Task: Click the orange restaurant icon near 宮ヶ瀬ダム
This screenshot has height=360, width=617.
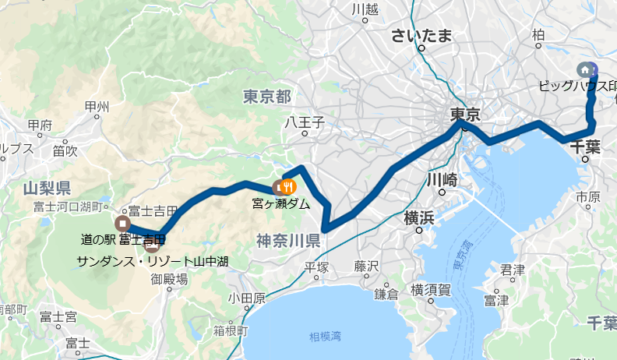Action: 288,186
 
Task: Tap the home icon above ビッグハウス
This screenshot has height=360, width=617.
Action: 585,69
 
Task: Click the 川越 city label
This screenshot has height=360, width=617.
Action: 365,9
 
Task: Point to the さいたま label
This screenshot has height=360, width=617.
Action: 421,35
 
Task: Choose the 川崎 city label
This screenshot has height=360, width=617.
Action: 441,178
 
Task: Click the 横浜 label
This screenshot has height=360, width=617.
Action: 419,218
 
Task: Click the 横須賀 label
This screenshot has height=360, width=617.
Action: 430,290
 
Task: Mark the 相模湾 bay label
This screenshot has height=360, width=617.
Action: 325,337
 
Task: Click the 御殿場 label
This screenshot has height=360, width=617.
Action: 169,278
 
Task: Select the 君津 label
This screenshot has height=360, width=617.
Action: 512,270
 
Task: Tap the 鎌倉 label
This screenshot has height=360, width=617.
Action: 386,293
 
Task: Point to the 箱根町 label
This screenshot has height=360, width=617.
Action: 231,330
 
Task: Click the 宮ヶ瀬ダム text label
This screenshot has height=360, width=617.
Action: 281,204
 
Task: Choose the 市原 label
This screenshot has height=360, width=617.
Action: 588,198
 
